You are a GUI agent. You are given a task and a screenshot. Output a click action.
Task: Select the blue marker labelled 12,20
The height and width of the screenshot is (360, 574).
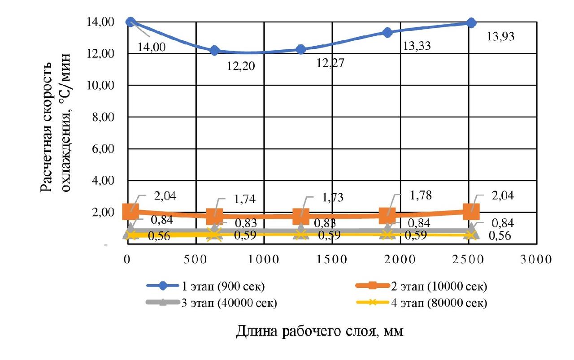tap(214, 50)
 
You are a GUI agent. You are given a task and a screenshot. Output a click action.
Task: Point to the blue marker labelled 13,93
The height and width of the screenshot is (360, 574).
tap(471, 22)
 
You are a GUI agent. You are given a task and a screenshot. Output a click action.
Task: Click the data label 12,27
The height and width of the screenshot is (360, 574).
tap(330, 63)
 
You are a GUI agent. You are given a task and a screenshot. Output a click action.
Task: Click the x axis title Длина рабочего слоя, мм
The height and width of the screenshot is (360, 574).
tap(319, 331)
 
